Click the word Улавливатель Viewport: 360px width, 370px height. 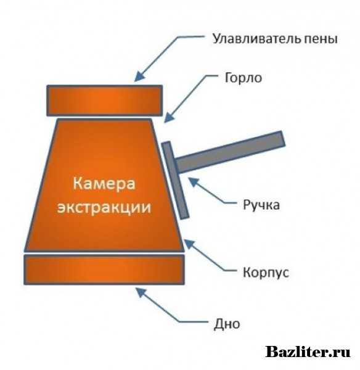click(x=256, y=39)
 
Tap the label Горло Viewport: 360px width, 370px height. click(x=243, y=78)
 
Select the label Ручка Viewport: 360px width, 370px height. click(x=261, y=205)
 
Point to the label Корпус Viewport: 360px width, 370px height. click(x=266, y=273)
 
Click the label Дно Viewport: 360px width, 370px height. click(x=227, y=324)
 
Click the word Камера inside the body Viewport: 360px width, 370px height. click(x=104, y=184)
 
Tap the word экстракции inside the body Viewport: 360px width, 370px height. click(x=104, y=208)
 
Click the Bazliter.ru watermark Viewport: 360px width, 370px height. click(x=308, y=352)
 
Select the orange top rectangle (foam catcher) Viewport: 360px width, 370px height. click(x=105, y=101)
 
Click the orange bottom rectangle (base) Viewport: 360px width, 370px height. click(x=104, y=269)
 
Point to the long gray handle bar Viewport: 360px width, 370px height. click(x=230, y=152)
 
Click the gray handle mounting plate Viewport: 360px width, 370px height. click(x=175, y=181)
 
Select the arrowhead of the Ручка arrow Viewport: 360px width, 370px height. click(x=194, y=183)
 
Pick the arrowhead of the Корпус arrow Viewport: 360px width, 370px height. click(x=190, y=244)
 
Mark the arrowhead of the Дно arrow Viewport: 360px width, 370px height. click(x=141, y=292)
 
